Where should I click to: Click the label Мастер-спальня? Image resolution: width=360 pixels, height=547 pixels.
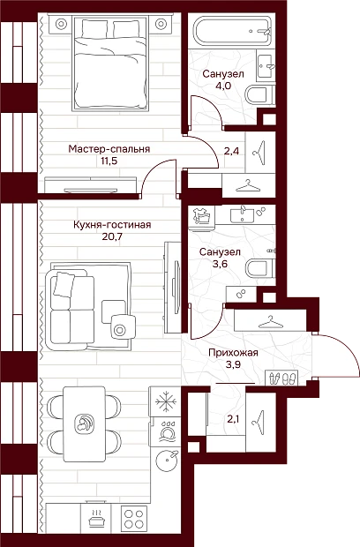(x=109, y=149)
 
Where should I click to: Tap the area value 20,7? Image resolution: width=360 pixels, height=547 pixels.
(x=112, y=236)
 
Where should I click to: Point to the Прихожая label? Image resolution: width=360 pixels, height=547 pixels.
(x=233, y=353)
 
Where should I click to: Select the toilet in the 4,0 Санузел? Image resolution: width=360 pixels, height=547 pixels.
(x=259, y=95)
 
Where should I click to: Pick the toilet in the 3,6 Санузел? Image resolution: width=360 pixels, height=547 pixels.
(x=259, y=268)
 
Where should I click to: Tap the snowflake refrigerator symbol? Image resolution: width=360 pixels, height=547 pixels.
(x=165, y=401)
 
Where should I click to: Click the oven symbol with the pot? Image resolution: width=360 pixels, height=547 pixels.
(x=95, y=518)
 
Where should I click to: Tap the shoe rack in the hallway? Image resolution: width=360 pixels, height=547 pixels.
(x=281, y=378)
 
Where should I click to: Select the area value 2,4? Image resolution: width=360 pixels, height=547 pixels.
(x=231, y=152)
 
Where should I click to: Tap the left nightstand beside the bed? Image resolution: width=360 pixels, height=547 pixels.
(x=61, y=24)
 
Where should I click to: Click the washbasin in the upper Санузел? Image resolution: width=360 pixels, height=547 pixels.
(x=266, y=66)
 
